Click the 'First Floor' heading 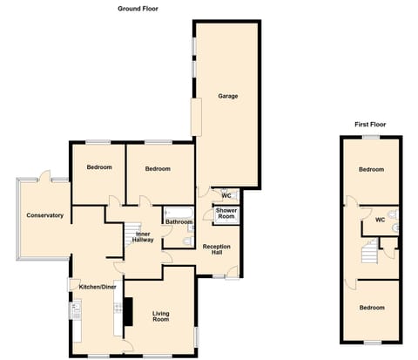[x=370, y=125]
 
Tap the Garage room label [x=228, y=96]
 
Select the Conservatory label [x=44, y=215]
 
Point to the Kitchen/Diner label [x=98, y=287]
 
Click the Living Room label [x=159, y=317]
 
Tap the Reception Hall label [x=216, y=250]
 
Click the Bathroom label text [x=179, y=222]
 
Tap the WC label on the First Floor [x=379, y=220]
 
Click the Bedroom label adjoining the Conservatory [x=98, y=167]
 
